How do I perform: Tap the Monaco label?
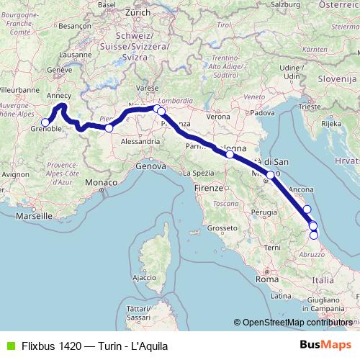pos(102,184)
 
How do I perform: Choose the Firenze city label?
pos(209,187)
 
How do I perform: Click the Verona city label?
pos(218,116)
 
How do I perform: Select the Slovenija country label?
pos(334,78)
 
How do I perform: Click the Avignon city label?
pos(14,174)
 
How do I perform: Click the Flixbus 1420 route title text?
pos(107,344)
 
